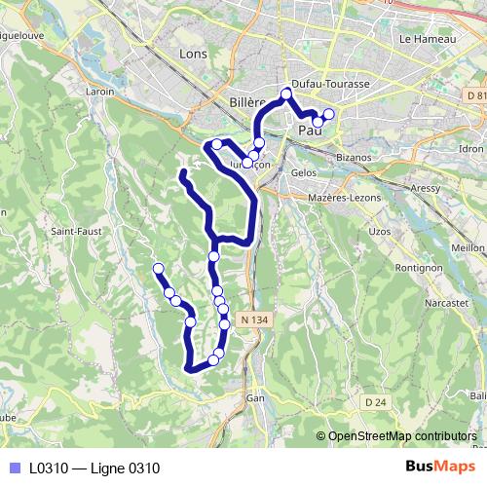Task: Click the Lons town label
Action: click(x=194, y=55)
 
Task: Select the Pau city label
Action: click(x=310, y=130)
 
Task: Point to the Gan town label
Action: click(x=255, y=397)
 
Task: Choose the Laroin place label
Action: click(x=100, y=92)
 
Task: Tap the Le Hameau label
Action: click(x=422, y=38)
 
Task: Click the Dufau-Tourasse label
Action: click(x=330, y=85)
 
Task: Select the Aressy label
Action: click(x=426, y=184)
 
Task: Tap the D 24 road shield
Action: click(x=376, y=401)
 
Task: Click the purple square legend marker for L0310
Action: click(x=13, y=468)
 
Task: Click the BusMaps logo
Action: click(x=440, y=467)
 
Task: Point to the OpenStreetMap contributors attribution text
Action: click(x=402, y=435)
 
